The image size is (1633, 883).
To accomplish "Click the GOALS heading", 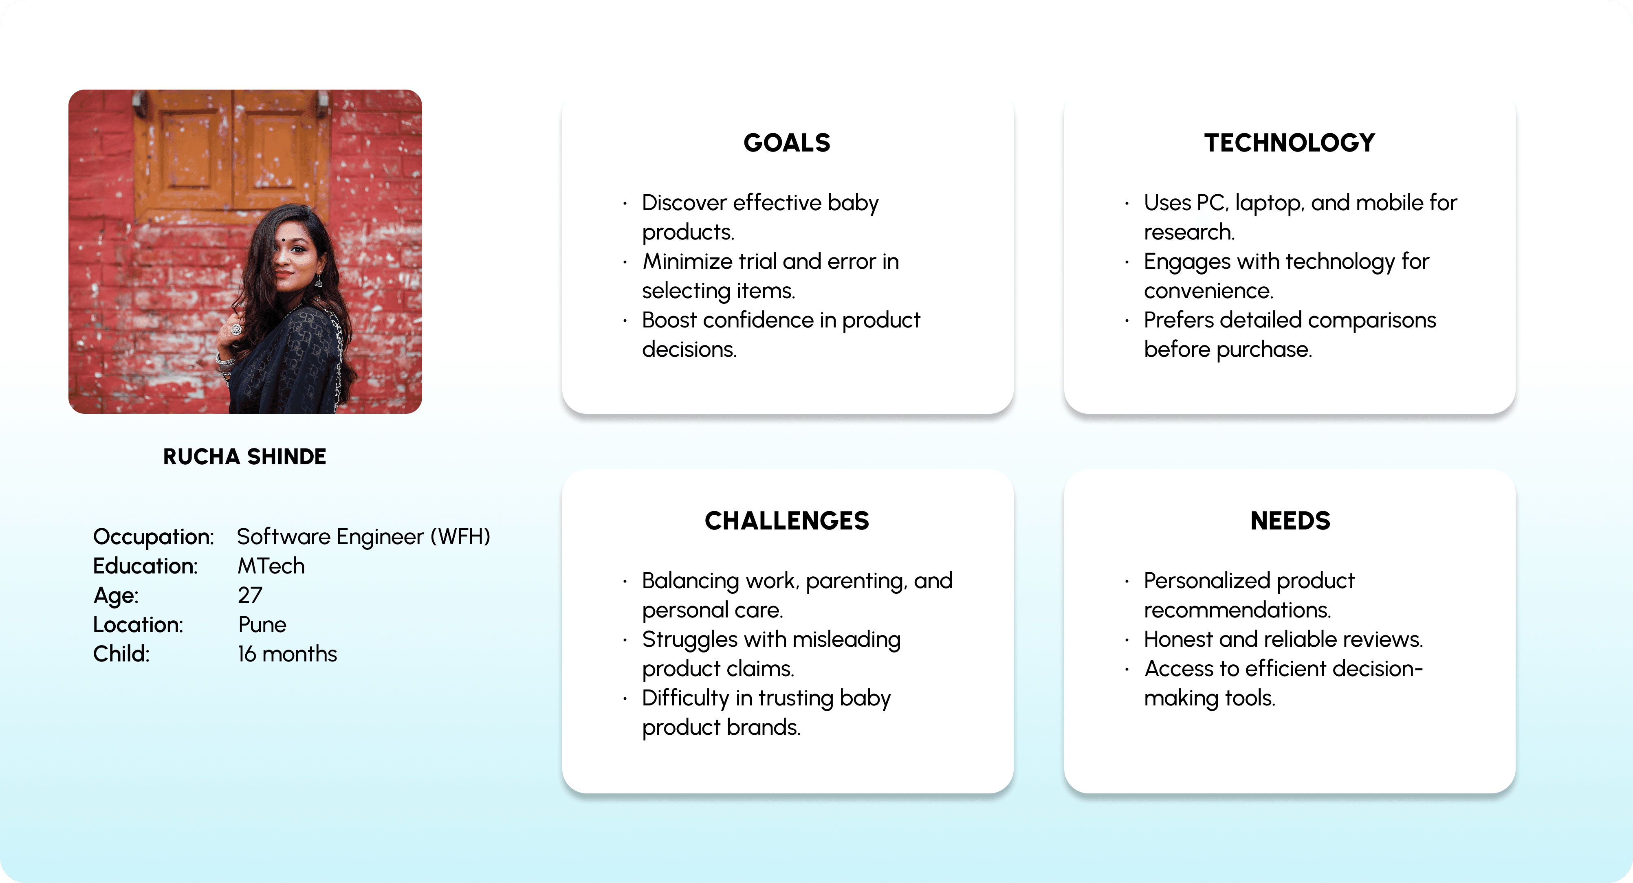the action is [x=787, y=143].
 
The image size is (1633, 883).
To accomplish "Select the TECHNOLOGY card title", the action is [x=1290, y=143].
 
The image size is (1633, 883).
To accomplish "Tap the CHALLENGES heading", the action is [x=787, y=521].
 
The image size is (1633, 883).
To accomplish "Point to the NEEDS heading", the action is [x=1290, y=521].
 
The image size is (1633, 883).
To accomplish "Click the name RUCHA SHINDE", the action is [x=245, y=457].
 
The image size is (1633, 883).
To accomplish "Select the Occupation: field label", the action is [x=154, y=537].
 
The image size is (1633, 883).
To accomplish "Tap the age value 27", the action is [x=250, y=595].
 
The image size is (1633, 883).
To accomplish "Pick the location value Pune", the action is [x=262, y=624].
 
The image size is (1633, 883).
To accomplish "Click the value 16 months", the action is [x=287, y=654].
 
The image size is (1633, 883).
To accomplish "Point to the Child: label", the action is [x=121, y=654].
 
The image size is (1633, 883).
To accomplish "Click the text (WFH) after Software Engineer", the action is [x=461, y=537].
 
